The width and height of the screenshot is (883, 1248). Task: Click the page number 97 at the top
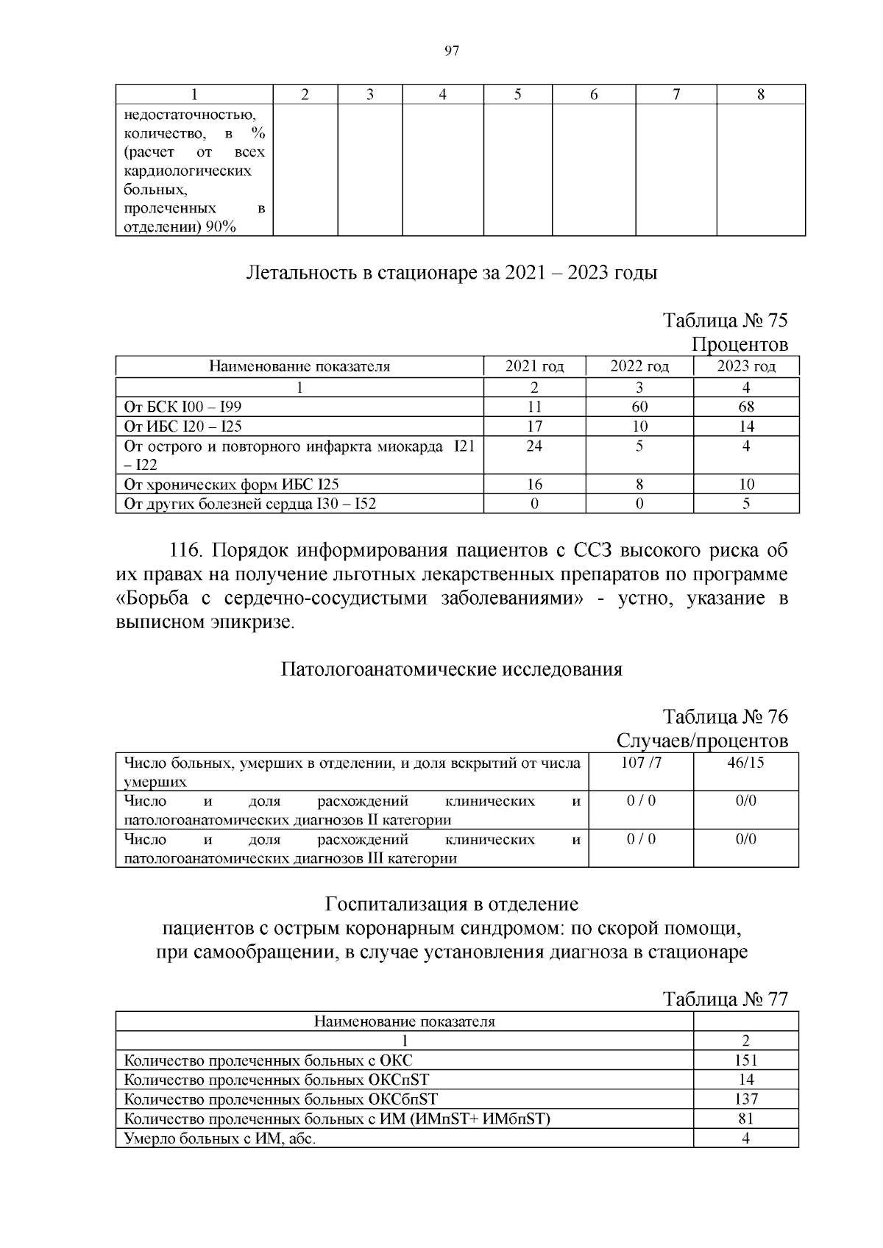[x=452, y=51]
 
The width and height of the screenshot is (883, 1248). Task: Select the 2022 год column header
[x=639, y=366]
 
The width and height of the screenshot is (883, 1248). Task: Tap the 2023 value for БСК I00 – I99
[x=745, y=407]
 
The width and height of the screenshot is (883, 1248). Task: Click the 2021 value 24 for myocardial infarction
[x=534, y=446]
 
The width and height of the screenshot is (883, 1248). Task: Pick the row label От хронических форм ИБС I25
[x=231, y=484]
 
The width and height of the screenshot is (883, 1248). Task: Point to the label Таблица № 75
[x=725, y=321]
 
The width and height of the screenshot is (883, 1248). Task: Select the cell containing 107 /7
[x=641, y=763]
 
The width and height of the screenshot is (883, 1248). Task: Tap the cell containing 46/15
[x=745, y=763]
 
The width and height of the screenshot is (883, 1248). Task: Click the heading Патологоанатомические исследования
[x=452, y=669]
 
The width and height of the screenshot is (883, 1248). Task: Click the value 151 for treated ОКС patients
[x=745, y=1060]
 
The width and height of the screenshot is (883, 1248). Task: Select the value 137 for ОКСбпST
[x=745, y=1099]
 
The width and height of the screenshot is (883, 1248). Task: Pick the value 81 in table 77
[x=745, y=1119]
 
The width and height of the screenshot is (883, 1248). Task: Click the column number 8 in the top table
[x=760, y=94]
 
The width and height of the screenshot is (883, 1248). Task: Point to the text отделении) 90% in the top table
[x=180, y=227]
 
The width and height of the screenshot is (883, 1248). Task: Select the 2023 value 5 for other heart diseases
[x=745, y=504]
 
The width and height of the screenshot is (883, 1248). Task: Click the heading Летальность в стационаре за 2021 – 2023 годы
[x=452, y=273]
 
